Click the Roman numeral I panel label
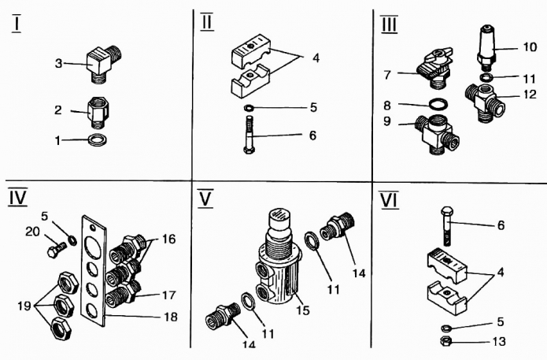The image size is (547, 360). [17, 24]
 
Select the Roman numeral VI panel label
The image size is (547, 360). [390, 200]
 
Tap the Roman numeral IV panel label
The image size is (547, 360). [18, 198]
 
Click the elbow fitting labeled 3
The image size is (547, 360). [105, 63]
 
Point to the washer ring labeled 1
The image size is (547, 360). [97, 139]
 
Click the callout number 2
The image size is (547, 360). [58, 110]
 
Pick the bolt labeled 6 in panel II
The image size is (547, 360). [249, 135]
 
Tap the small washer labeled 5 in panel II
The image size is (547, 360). [249, 108]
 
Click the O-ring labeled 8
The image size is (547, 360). [438, 104]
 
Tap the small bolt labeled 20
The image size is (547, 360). [57, 249]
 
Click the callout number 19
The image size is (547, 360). [24, 306]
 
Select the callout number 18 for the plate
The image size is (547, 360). [171, 317]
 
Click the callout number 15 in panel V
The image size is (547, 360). [303, 310]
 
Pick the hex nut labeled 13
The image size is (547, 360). [446, 340]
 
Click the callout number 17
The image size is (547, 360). [169, 295]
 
